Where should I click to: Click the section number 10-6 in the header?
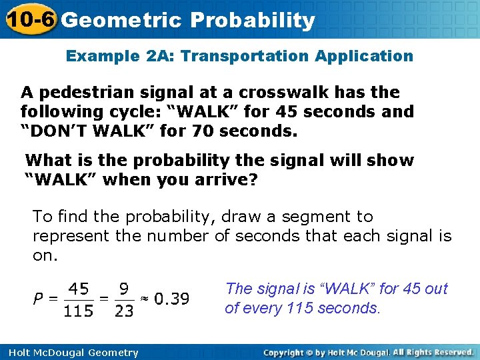[x=28, y=19]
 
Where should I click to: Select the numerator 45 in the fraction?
[x=79, y=289]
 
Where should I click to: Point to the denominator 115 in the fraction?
[x=79, y=311]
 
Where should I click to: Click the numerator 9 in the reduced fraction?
[x=124, y=289]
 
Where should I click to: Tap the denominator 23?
[x=124, y=311]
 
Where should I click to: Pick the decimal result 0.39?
[x=171, y=299]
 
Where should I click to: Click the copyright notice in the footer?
[x=369, y=352]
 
